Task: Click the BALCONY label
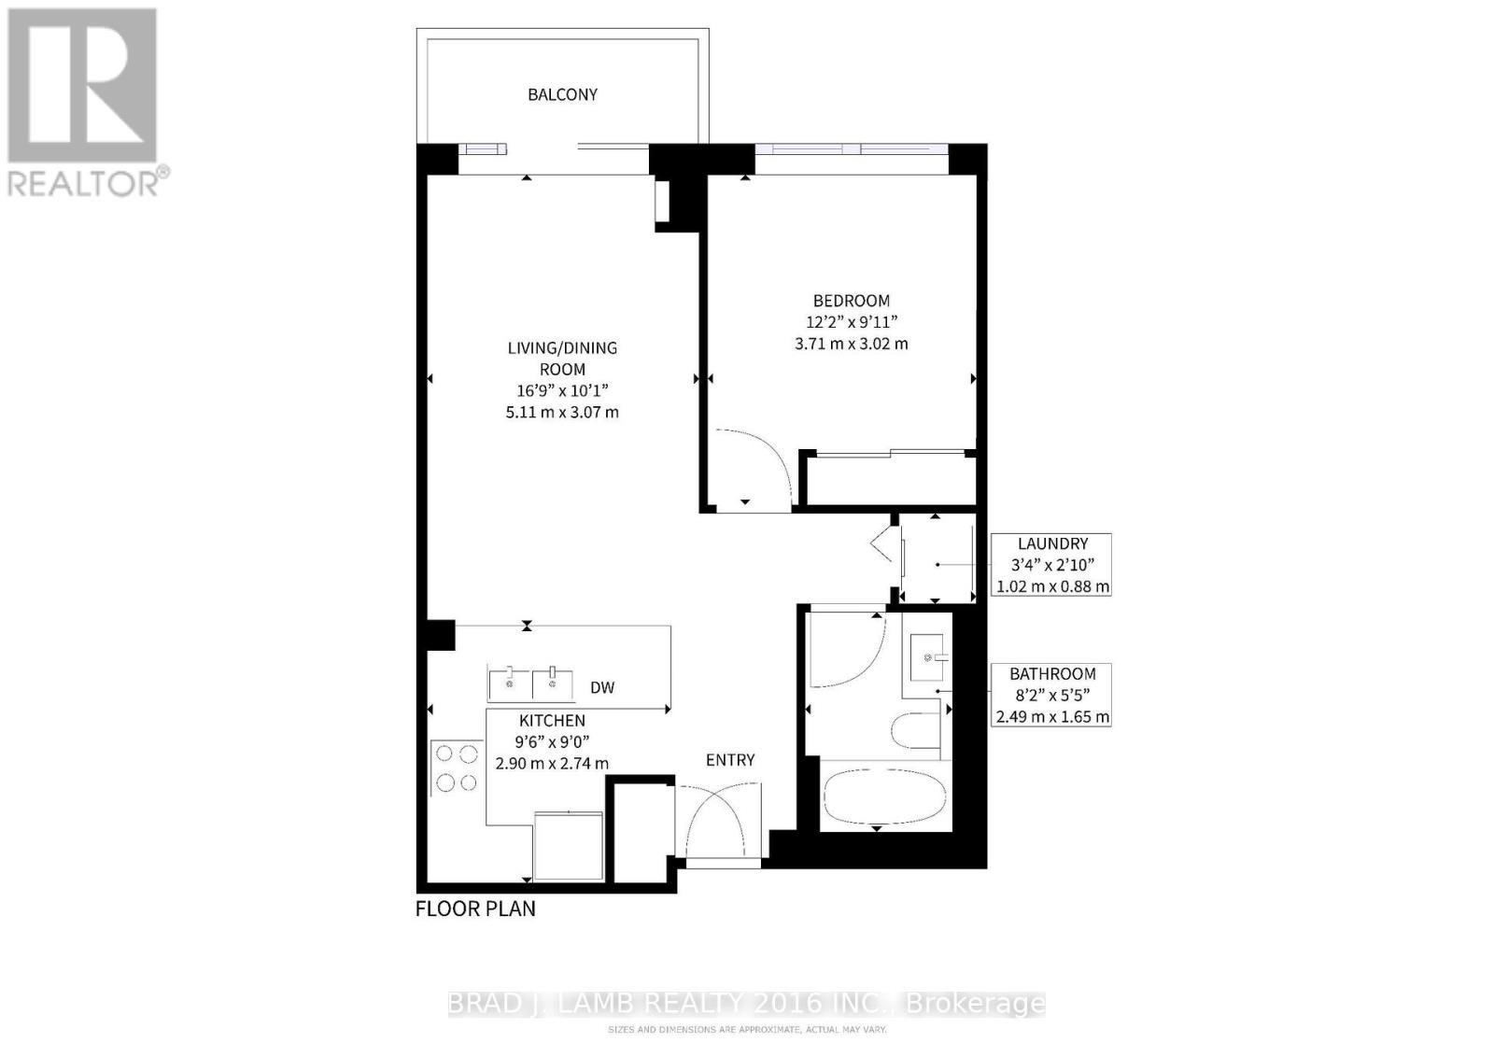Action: pyautogui.click(x=562, y=94)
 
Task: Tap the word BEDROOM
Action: pyautogui.click(x=851, y=301)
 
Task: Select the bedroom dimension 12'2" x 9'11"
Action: pyautogui.click(x=851, y=322)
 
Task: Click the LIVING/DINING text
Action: pyautogui.click(x=562, y=348)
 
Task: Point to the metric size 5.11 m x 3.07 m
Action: pyautogui.click(x=562, y=412)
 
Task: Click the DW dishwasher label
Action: pyautogui.click(x=602, y=688)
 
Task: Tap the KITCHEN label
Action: pyautogui.click(x=552, y=721)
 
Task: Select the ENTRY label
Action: pyautogui.click(x=730, y=760)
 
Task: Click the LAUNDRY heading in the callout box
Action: pyautogui.click(x=1052, y=543)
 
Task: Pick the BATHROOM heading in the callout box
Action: pyautogui.click(x=1052, y=674)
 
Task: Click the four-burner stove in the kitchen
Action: pyautogui.click(x=456, y=768)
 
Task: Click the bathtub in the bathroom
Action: pyautogui.click(x=884, y=796)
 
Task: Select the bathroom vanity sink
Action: pyautogui.click(x=928, y=656)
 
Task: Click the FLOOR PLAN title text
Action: pyautogui.click(x=475, y=909)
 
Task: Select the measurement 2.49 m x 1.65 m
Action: pyautogui.click(x=1052, y=717)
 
